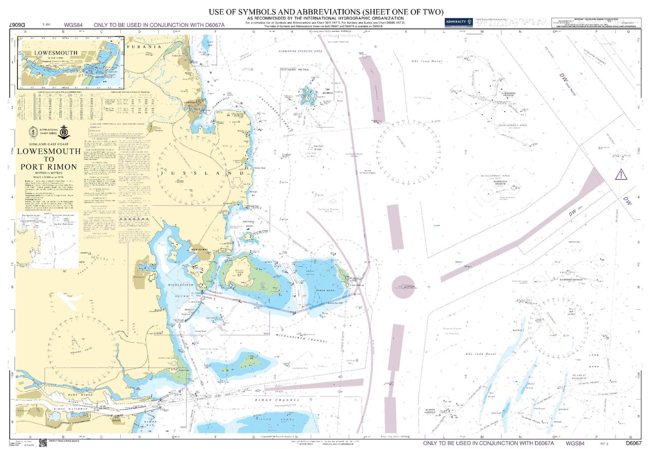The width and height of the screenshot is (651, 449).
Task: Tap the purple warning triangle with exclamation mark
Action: (621, 174)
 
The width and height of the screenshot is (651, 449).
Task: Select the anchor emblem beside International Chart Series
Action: (64, 132)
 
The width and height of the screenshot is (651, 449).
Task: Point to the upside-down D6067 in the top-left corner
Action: (18, 24)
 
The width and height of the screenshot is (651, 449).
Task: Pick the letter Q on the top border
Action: (628, 31)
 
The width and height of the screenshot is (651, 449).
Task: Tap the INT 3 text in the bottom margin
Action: (604, 443)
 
